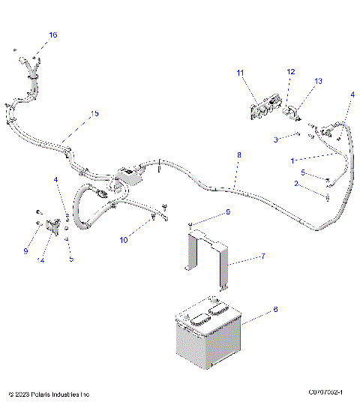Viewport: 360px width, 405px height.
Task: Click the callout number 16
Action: pyautogui.click(x=52, y=35)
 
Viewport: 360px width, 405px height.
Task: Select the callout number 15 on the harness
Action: pyautogui.click(x=94, y=114)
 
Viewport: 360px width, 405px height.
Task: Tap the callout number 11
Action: pyautogui.click(x=241, y=73)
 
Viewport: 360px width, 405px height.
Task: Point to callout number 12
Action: pyautogui.click(x=291, y=72)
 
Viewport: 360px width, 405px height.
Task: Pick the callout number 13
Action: pyautogui.click(x=318, y=81)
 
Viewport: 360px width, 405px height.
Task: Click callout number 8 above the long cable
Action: pyautogui.click(x=239, y=155)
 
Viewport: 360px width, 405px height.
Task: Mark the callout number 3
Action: pyautogui.click(x=276, y=139)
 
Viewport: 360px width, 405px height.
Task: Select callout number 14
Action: pyautogui.click(x=42, y=260)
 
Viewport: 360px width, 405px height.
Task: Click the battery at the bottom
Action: pyautogui.click(x=208, y=331)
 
